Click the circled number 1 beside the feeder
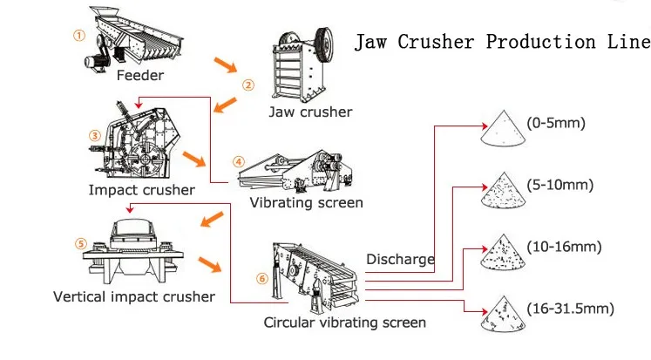click(x=79, y=35)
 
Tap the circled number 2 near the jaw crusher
click(x=248, y=85)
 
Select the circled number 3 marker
click(x=95, y=135)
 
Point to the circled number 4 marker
click(x=238, y=161)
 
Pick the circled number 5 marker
click(x=81, y=243)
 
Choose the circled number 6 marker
click(x=262, y=278)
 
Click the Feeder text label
click(x=140, y=76)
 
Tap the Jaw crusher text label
click(x=310, y=112)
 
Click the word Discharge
click(x=400, y=260)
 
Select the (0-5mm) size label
click(x=556, y=123)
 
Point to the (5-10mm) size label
click(x=560, y=185)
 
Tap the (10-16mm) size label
click(x=564, y=247)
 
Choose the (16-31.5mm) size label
click(x=571, y=309)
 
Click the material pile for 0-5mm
click(x=503, y=130)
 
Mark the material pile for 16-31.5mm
click(x=503, y=316)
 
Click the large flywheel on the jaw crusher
click(x=324, y=44)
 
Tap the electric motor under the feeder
click(x=95, y=62)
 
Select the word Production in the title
click(x=540, y=42)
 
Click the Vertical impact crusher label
click(x=134, y=297)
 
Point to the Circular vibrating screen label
click(x=344, y=323)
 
